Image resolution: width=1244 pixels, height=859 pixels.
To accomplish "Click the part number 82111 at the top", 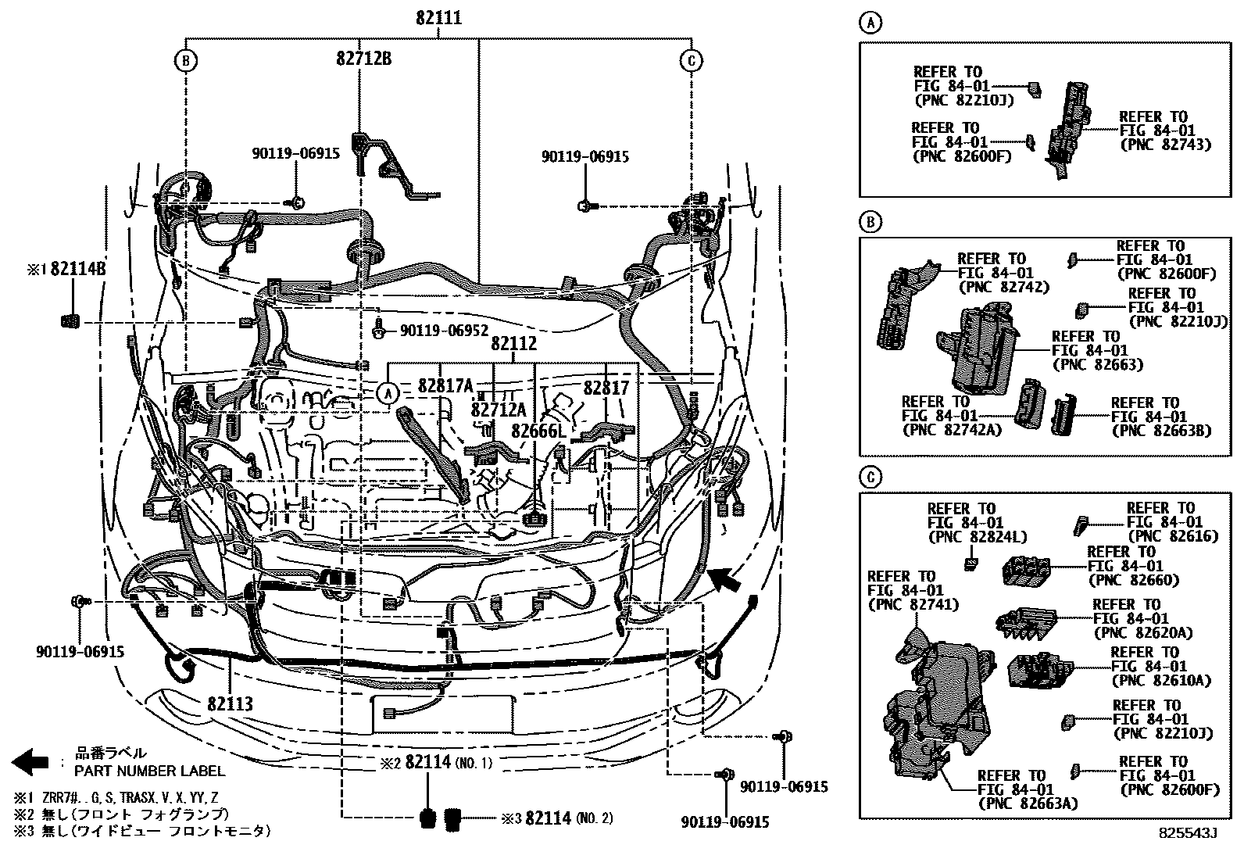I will [x=438, y=18].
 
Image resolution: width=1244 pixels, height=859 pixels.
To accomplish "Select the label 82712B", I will [x=364, y=59].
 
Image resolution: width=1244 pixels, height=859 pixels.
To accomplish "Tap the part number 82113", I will [x=231, y=703].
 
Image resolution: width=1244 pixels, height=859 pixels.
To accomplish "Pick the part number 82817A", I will [x=445, y=385].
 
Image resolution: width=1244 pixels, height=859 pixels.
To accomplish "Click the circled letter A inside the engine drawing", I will [x=388, y=393].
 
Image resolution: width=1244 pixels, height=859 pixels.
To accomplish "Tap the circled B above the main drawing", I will [x=185, y=60].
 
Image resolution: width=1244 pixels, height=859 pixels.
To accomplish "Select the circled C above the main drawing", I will [x=692, y=60].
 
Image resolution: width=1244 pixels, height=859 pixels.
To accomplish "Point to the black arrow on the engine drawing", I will [x=726, y=581].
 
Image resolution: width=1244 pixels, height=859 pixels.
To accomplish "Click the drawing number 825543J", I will [x=1188, y=833].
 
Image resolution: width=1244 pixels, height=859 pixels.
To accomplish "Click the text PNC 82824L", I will [x=977, y=537].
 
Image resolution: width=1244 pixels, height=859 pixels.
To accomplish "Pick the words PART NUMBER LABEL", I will [x=150, y=771].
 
